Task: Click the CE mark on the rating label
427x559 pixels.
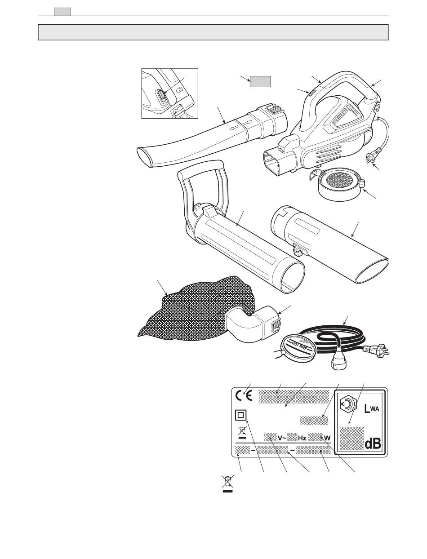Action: [244, 396]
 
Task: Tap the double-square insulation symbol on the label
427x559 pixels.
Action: [240, 416]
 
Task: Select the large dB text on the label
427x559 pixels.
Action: [373, 444]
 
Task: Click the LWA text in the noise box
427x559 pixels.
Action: [372, 409]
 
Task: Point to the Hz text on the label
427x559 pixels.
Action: [302, 438]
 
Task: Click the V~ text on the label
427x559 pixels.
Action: [282, 438]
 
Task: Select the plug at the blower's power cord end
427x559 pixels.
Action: [371, 158]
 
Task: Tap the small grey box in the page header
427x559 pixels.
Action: [62, 12]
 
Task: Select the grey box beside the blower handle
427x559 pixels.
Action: [260, 81]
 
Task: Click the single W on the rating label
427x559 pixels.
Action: [327, 438]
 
